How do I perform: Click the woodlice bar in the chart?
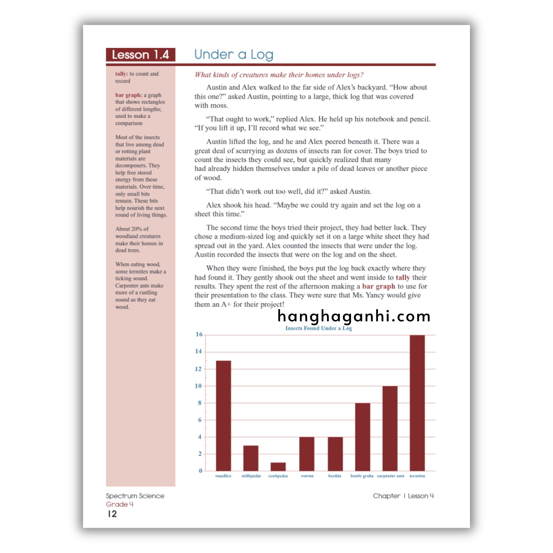click(x=223, y=415)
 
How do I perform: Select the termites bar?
click(x=417, y=403)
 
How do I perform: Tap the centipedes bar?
click(x=278, y=466)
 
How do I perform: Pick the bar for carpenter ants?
click(x=390, y=428)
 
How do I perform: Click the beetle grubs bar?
click(x=362, y=437)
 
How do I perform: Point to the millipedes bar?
click(x=251, y=458)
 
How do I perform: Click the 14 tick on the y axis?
click(x=198, y=352)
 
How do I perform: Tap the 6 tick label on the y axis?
click(x=200, y=420)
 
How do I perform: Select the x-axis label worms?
click(x=307, y=476)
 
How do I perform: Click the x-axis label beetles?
click(x=335, y=476)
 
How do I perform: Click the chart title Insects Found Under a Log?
click(x=318, y=328)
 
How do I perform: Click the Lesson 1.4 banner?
click(x=140, y=55)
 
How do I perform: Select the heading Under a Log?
click(x=234, y=54)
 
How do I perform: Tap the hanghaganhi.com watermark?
click(x=354, y=316)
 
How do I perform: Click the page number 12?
click(x=112, y=514)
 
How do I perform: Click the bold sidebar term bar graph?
click(x=129, y=95)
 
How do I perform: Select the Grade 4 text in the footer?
click(x=120, y=504)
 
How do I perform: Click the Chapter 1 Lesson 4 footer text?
click(x=403, y=496)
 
